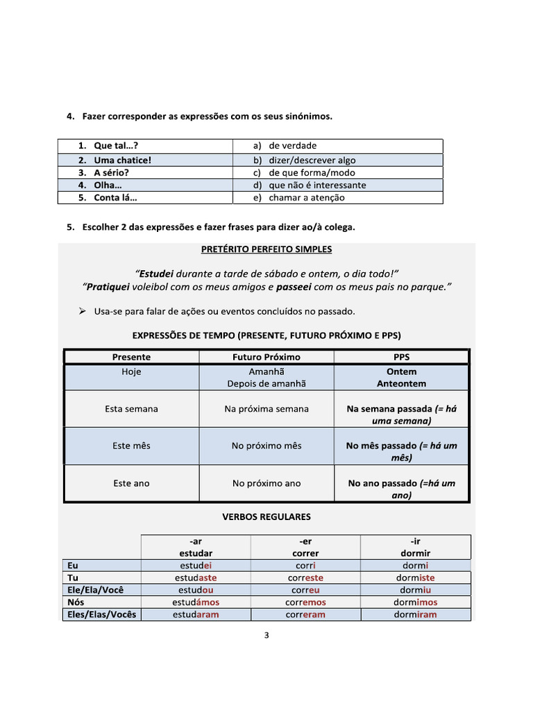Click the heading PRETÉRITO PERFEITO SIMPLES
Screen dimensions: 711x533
point(266,249)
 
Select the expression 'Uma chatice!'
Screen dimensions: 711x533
point(122,160)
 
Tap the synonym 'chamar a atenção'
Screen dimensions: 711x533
point(306,198)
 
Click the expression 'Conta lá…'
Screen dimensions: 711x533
point(115,198)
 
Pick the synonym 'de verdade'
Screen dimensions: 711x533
point(292,146)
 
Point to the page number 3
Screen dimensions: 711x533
point(266,634)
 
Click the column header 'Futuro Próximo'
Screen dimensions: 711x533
point(266,357)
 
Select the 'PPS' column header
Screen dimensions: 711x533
point(401,357)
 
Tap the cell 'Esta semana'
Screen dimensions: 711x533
point(131,409)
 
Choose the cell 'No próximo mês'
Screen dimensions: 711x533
point(266,446)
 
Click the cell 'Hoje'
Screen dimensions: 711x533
point(131,371)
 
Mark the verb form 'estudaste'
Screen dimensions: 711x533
point(196,578)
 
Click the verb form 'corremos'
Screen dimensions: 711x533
point(305,603)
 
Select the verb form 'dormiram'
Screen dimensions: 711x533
point(415,614)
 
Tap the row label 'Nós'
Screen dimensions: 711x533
point(76,603)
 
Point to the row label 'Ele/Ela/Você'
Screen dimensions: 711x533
point(95,590)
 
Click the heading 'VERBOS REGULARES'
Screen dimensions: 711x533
point(266,517)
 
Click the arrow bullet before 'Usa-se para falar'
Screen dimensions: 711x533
point(82,311)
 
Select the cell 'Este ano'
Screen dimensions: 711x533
point(131,483)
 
